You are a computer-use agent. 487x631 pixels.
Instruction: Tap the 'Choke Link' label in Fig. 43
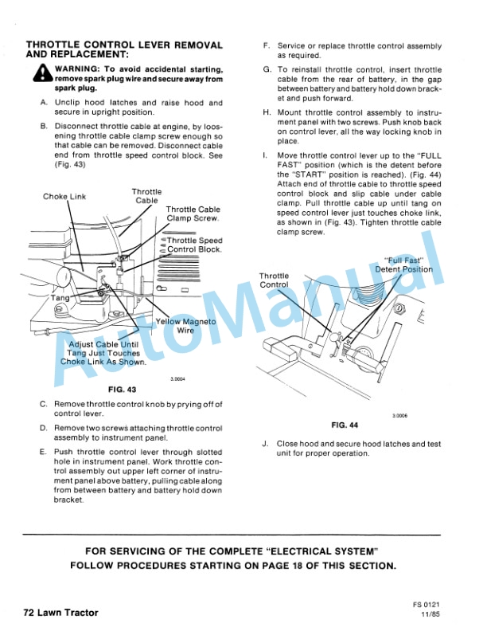(64, 197)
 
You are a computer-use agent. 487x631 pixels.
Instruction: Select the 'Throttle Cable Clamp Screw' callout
(193, 214)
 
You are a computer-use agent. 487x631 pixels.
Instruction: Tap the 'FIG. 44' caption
(345, 425)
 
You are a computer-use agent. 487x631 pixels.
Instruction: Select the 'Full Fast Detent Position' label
(404, 265)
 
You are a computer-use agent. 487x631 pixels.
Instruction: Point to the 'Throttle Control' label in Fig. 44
(275, 280)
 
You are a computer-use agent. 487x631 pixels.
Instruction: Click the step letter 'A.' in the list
(43, 103)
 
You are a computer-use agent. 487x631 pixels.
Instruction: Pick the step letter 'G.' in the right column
(267, 70)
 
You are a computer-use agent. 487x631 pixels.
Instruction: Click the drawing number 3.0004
(177, 379)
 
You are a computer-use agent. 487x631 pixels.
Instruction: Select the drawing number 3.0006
(400, 415)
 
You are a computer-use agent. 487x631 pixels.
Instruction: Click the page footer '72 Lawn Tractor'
(60, 613)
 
